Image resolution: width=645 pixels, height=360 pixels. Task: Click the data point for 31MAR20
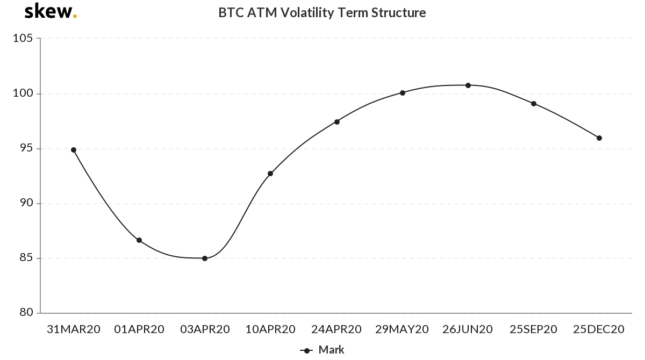coord(74,150)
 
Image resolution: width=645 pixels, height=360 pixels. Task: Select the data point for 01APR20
coord(139,240)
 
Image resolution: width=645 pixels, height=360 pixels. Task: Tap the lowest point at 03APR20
coord(205,258)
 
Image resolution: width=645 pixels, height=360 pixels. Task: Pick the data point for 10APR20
coord(270,174)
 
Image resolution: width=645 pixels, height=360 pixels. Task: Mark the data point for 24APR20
coord(337,122)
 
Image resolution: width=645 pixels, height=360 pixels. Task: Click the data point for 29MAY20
coord(403,93)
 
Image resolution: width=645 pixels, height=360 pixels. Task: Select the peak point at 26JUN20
coord(468,85)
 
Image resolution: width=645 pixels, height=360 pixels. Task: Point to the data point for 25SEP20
coord(534,104)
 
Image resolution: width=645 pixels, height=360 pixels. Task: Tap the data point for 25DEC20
coord(599,138)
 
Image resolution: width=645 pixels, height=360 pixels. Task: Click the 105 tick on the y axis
coord(23,38)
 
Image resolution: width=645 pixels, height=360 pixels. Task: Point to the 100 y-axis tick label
coord(23,93)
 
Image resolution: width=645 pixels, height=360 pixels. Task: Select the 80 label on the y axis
coord(26,312)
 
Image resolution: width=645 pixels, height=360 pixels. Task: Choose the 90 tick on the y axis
coord(26,203)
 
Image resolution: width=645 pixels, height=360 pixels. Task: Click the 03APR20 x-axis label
coord(205,329)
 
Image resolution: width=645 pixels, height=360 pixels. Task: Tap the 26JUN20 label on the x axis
coord(468,329)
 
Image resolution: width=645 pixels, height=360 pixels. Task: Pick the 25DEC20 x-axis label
coord(599,329)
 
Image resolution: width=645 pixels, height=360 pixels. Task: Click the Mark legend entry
coord(322,350)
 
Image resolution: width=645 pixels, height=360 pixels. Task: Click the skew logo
coord(51,11)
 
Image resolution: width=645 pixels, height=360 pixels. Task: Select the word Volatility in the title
coord(307,13)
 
